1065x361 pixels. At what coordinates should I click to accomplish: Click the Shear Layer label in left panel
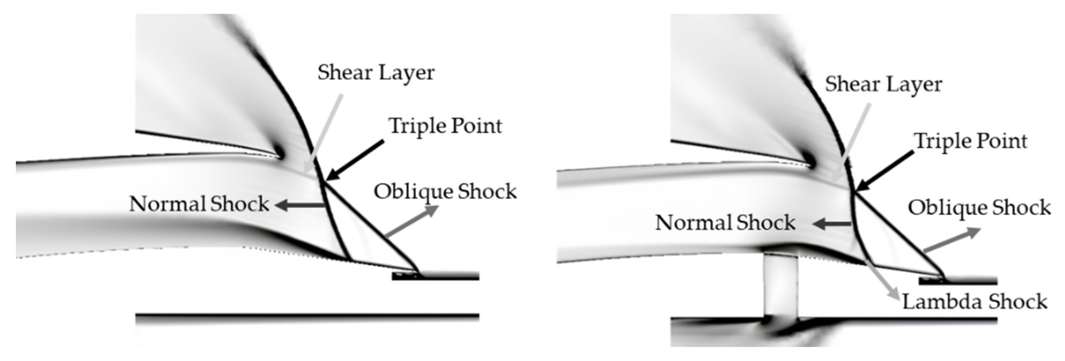(376, 73)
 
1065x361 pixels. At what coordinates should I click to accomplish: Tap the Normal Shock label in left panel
(199, 204)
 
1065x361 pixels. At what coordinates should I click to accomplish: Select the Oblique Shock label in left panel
(445, 192)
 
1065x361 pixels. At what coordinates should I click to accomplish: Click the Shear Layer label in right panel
(884, 85)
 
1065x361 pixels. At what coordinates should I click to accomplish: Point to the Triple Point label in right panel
(971, 141)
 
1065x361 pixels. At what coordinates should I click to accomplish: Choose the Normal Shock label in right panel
(725, 223)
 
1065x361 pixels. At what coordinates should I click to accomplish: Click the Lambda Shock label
(974, 301)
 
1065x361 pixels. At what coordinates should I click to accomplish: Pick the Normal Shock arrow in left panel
(299, 205)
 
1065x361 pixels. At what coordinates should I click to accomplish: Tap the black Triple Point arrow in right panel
(885, 171)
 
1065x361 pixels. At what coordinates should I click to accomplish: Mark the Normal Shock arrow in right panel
(832, 224)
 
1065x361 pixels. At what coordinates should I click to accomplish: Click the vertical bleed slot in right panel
(781, 286)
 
